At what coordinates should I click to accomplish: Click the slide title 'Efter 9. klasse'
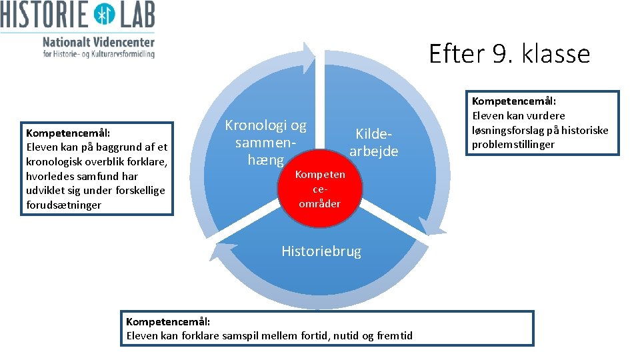coord(509,53)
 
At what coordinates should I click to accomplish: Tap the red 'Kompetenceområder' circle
coord(320,189)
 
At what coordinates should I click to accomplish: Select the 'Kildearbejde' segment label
coord(373,143)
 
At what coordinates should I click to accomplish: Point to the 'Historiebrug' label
coord(321,251)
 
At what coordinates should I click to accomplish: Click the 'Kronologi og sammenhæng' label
coord(265,142)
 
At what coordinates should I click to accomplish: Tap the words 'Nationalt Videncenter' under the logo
coord(98,41)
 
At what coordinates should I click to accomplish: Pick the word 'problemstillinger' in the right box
coord(513,144)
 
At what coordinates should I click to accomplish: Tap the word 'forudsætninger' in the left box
coord(63,205)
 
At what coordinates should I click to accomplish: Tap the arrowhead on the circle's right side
coord(435,227)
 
